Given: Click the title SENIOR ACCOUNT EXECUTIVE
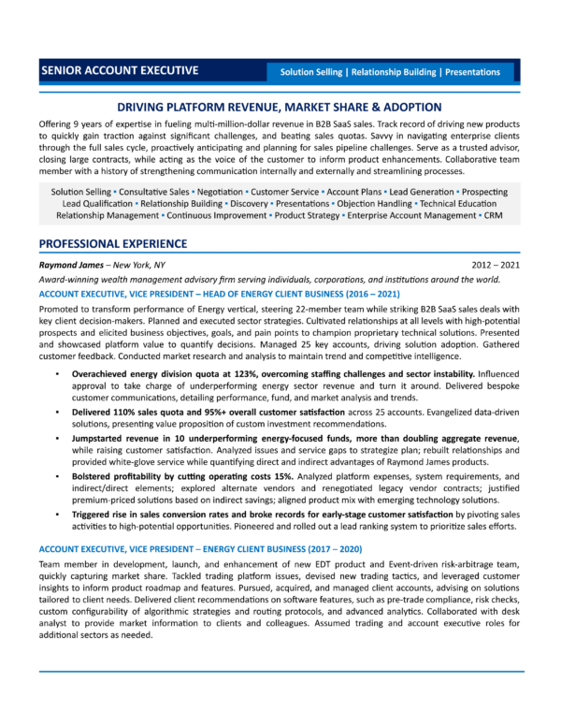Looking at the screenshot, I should click(119, 70).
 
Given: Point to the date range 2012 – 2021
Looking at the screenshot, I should click(497, 265).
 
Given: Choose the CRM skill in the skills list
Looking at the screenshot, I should click(494, 215).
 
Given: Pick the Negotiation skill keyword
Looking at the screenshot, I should click(217, 191).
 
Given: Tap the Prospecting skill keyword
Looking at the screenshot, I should click(476, 191).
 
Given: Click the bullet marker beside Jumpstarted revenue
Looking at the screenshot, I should click(59, 437).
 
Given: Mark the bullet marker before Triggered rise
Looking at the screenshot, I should click(59, 515).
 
